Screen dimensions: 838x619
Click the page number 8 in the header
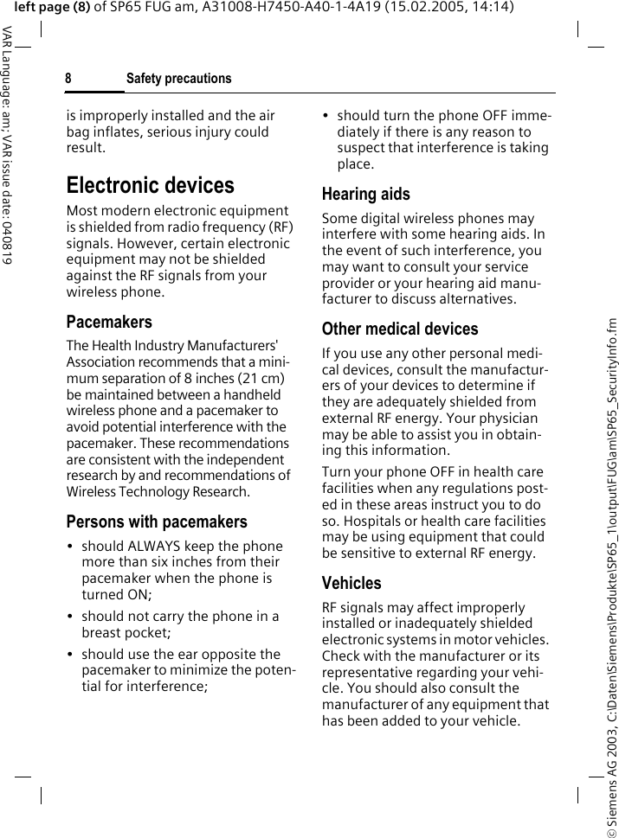click(68, 79)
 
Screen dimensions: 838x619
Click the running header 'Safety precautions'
click(178, 79)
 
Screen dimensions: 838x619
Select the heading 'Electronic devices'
click(150, 185)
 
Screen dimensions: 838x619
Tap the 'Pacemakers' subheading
click(109, 322)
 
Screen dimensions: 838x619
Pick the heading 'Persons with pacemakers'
click(157, 521)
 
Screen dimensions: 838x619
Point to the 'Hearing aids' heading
click(365, 194)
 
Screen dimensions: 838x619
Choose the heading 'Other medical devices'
click(399, 329)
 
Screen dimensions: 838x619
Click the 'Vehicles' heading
click(351, 583)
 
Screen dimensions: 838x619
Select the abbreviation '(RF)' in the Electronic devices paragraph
click(279, 227)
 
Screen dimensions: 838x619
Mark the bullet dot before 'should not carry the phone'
click(70, 617)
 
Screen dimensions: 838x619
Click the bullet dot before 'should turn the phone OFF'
click(326, 115)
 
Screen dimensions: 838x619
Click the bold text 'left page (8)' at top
click(52, 8)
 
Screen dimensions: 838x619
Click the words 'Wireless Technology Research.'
click(158, 491)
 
